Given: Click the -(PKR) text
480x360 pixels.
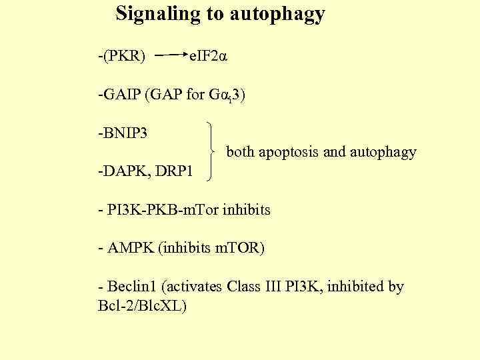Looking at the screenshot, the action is click(121, 56).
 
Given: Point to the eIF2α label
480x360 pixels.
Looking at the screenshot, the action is click(209, 56).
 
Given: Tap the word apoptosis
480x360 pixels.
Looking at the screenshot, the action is click(288, 153).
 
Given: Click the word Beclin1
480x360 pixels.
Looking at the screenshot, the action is click(131, 287).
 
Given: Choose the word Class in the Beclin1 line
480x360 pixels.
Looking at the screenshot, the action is click(245, 287).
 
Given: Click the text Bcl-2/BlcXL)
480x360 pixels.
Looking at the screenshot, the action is click(141, 307).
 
